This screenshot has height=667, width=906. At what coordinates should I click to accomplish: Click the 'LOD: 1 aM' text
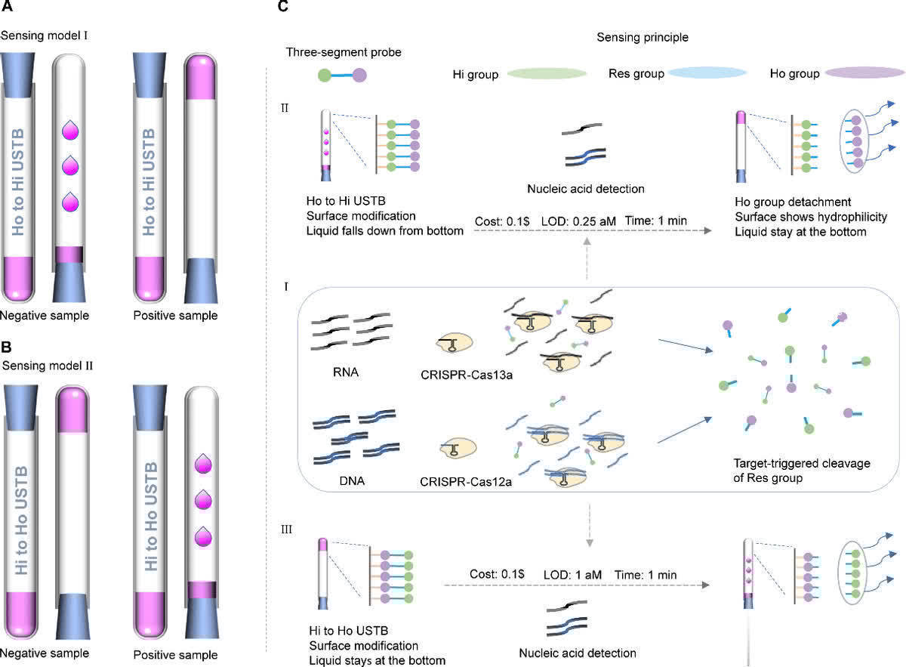tap(572, 575)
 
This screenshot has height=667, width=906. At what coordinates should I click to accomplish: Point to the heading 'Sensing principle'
tap(643, 36)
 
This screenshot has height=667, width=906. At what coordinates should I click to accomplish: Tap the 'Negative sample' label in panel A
tap(45, 315)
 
